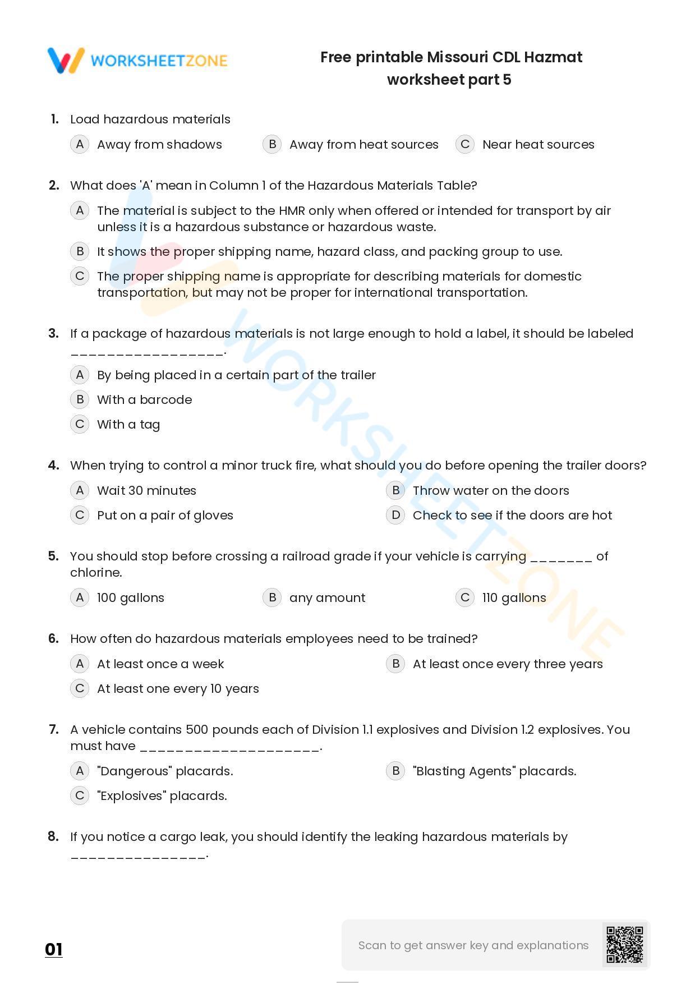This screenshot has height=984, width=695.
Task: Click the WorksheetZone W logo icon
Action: coord(66,61)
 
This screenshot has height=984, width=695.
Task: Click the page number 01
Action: coord(54,949)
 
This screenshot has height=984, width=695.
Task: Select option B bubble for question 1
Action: coord(272,144)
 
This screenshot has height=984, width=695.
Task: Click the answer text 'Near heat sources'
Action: coord(538,144)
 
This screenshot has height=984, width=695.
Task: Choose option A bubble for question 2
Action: coord(80,210)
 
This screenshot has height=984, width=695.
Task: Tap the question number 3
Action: coord(54,333)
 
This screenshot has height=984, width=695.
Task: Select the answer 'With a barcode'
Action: coord(144,399)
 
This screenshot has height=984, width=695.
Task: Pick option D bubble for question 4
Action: coord(395,515)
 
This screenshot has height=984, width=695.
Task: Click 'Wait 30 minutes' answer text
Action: coord(146,490)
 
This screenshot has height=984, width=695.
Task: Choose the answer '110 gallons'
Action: coord(514,597)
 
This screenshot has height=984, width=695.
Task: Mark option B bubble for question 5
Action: coord(272,597)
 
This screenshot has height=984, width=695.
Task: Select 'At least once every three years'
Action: coord(508,664)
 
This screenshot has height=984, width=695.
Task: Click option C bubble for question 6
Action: coord(80,688)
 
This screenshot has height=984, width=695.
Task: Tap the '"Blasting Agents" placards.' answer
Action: coord(494,771)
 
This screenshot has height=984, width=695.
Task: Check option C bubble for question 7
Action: coord(80,796)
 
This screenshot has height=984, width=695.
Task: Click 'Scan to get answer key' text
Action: coord(473,945)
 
